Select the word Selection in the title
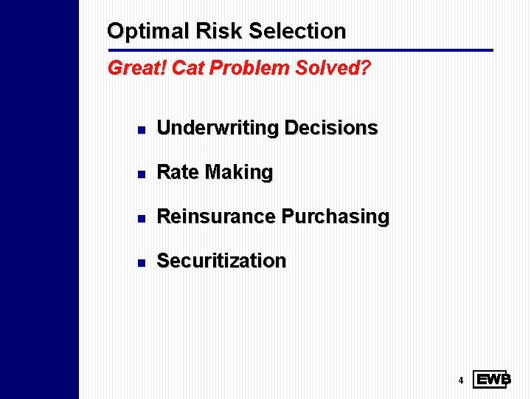click(x=297, y=31)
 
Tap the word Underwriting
click(x=218, y=128)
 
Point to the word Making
click(x=239, y=172)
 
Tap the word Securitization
click(x=221, y=261)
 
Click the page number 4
click(x=460, y=381)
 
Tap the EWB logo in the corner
click(x=492, y=380)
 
